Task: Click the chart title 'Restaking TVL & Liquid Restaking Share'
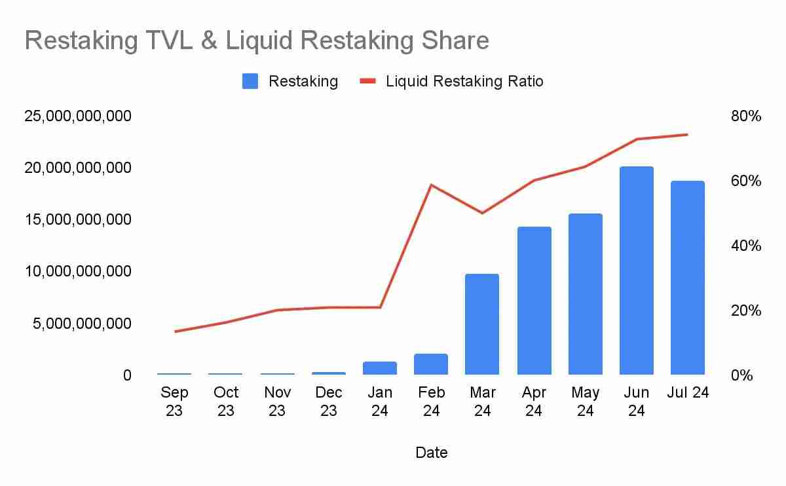257,41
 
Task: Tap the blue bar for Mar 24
482,324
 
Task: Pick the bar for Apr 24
534,301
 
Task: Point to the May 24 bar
585,294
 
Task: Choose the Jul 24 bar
688,278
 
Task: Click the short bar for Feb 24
431,364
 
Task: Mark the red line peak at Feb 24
431,185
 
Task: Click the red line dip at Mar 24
482,213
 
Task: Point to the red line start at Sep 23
175,331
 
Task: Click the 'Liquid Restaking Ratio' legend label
464,81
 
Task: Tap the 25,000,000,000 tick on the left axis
78,117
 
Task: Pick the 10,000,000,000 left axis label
78,271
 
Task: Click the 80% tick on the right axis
745,117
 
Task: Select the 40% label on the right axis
745,246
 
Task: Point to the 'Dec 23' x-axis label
329,401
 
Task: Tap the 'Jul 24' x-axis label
688,392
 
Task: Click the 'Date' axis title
432,452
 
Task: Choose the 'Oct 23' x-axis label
226,401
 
